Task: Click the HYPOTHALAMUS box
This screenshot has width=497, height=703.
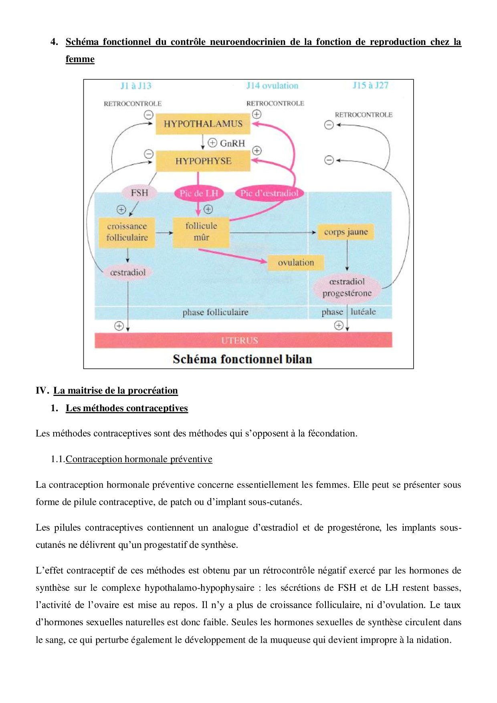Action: click(203, 124)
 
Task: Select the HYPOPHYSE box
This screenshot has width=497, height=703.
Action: click(203, 161)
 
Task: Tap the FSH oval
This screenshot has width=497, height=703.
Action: click(139, 193)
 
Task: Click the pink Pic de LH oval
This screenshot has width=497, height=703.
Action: click(198, 193)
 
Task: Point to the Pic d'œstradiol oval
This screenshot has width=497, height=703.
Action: click(269, 193)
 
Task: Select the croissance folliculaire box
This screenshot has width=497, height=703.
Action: click(127, 232)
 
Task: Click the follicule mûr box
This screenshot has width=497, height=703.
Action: click(201, 232)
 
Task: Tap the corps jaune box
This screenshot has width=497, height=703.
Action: click(345, 232)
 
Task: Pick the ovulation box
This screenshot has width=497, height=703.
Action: click(296, 263)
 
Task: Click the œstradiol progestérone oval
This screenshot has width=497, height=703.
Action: click(347, 287)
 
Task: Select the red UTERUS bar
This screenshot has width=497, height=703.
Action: click(243, 340)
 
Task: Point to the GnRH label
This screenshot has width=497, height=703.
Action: click(232, 143)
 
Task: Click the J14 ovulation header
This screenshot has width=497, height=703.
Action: click(272, 86)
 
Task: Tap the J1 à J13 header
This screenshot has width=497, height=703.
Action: click(136, 86)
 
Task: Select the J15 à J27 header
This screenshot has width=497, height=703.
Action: click(370, 85)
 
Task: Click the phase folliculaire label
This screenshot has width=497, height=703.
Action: click(215, 312)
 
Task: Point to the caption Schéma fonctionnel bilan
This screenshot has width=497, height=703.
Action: click(242, 359)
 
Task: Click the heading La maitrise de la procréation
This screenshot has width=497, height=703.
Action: click(115, 390)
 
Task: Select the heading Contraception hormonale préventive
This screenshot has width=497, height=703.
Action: click(139, 459)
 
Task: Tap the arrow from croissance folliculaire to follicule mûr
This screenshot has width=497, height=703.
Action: click(164, 232)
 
